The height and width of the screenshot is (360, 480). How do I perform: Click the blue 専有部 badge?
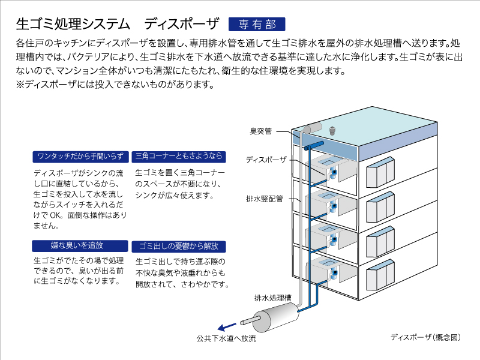point(257,24)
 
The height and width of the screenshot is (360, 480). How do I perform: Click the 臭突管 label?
point(261,131)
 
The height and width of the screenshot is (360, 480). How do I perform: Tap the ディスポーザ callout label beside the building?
point(266,160)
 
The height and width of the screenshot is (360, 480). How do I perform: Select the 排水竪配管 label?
point(265,199)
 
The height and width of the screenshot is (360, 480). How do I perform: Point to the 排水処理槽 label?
point(273,298)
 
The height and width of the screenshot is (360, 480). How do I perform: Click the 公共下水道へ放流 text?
point(226,338)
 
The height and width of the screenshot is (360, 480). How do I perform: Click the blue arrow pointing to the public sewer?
point(227,326)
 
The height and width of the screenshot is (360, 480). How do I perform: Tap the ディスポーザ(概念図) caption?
point(425,337)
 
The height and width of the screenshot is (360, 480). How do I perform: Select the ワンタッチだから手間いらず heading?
point(80,157)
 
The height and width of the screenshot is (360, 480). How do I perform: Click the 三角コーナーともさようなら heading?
point(179,157)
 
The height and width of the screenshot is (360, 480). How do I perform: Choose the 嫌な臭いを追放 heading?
point(80,246)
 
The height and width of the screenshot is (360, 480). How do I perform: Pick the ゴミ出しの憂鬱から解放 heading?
point(179,247)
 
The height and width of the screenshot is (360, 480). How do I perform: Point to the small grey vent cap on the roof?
point(332,130)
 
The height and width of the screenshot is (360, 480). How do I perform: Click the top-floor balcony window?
point(380,172)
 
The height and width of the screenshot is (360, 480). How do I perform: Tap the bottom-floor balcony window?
point(380,275)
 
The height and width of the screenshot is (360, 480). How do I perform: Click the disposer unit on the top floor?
point(333,173)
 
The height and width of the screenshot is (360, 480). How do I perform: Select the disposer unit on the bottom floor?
point(333,274)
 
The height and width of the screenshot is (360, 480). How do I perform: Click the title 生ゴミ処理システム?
point(73,24)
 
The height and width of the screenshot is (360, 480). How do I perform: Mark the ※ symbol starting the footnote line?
point(20,84)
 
